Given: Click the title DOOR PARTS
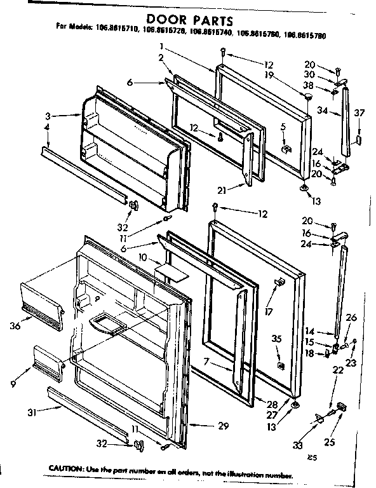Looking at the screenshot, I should [x=188, y=14].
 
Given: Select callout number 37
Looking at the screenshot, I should [x=359, y=112].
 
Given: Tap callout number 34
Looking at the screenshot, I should [x=321, y=110].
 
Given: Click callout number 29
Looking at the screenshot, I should [x=222, y=426].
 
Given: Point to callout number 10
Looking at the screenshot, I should [x=143, y=257].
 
